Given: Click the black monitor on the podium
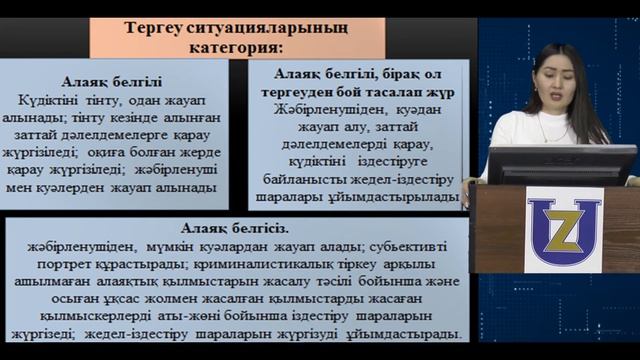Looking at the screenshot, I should [x=561, y=164].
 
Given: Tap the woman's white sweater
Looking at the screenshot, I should [x=520, y=130].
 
